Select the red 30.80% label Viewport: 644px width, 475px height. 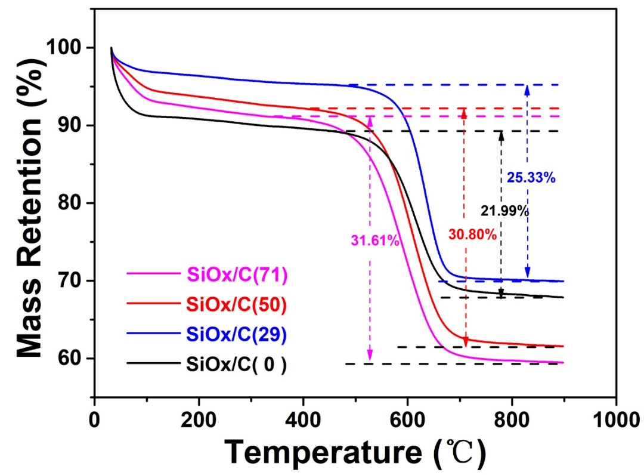coord(472,235)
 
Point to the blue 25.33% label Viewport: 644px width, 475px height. coord(531,177)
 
